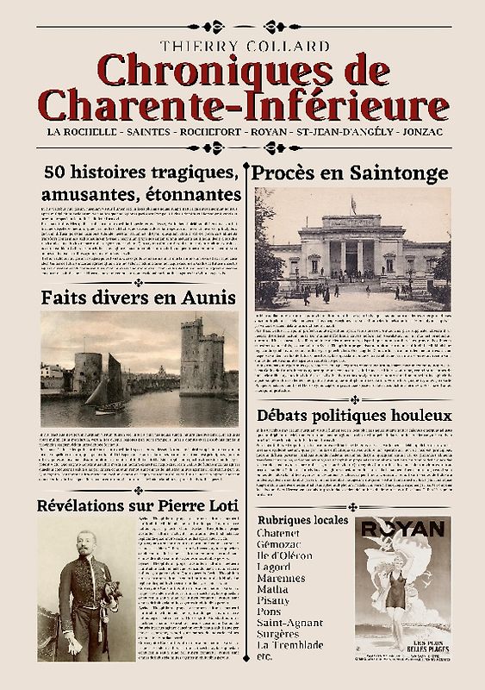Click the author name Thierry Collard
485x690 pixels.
[x=242, y=43]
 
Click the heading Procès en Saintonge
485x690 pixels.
[x=350, y=172]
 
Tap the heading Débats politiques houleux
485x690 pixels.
[x=354, y=415]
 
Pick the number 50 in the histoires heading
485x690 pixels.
[x=54, y=173]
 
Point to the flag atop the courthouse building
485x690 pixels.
[x=353, y=204]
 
